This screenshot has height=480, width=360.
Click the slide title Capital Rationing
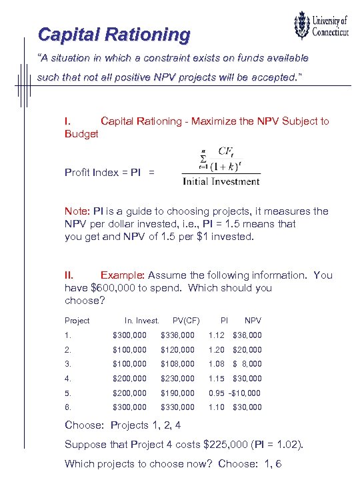click(x=114, y=34)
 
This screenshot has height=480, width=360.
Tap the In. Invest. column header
click(x=141, y=321)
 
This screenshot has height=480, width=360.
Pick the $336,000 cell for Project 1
click(x=177, y=335)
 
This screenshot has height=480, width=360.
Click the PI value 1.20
click(x=216, y=350)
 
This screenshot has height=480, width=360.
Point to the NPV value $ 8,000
click(x=247, y=364)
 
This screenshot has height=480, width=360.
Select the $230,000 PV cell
click(x=177, y=379)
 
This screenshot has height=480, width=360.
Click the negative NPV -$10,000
click(x=245, y=393)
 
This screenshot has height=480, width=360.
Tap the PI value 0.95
click(x=216, y=393)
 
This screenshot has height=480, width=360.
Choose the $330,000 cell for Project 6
click(x=177, y=407)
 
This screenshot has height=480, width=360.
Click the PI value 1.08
click(x=216, y=364)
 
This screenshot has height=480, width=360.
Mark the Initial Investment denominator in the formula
click(x=221, y=181)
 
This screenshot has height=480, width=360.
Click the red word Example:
click(x=122, y=275)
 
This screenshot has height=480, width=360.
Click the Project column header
click(x=77, y=321)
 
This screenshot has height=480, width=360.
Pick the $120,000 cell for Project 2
click(x=177, y=350)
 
